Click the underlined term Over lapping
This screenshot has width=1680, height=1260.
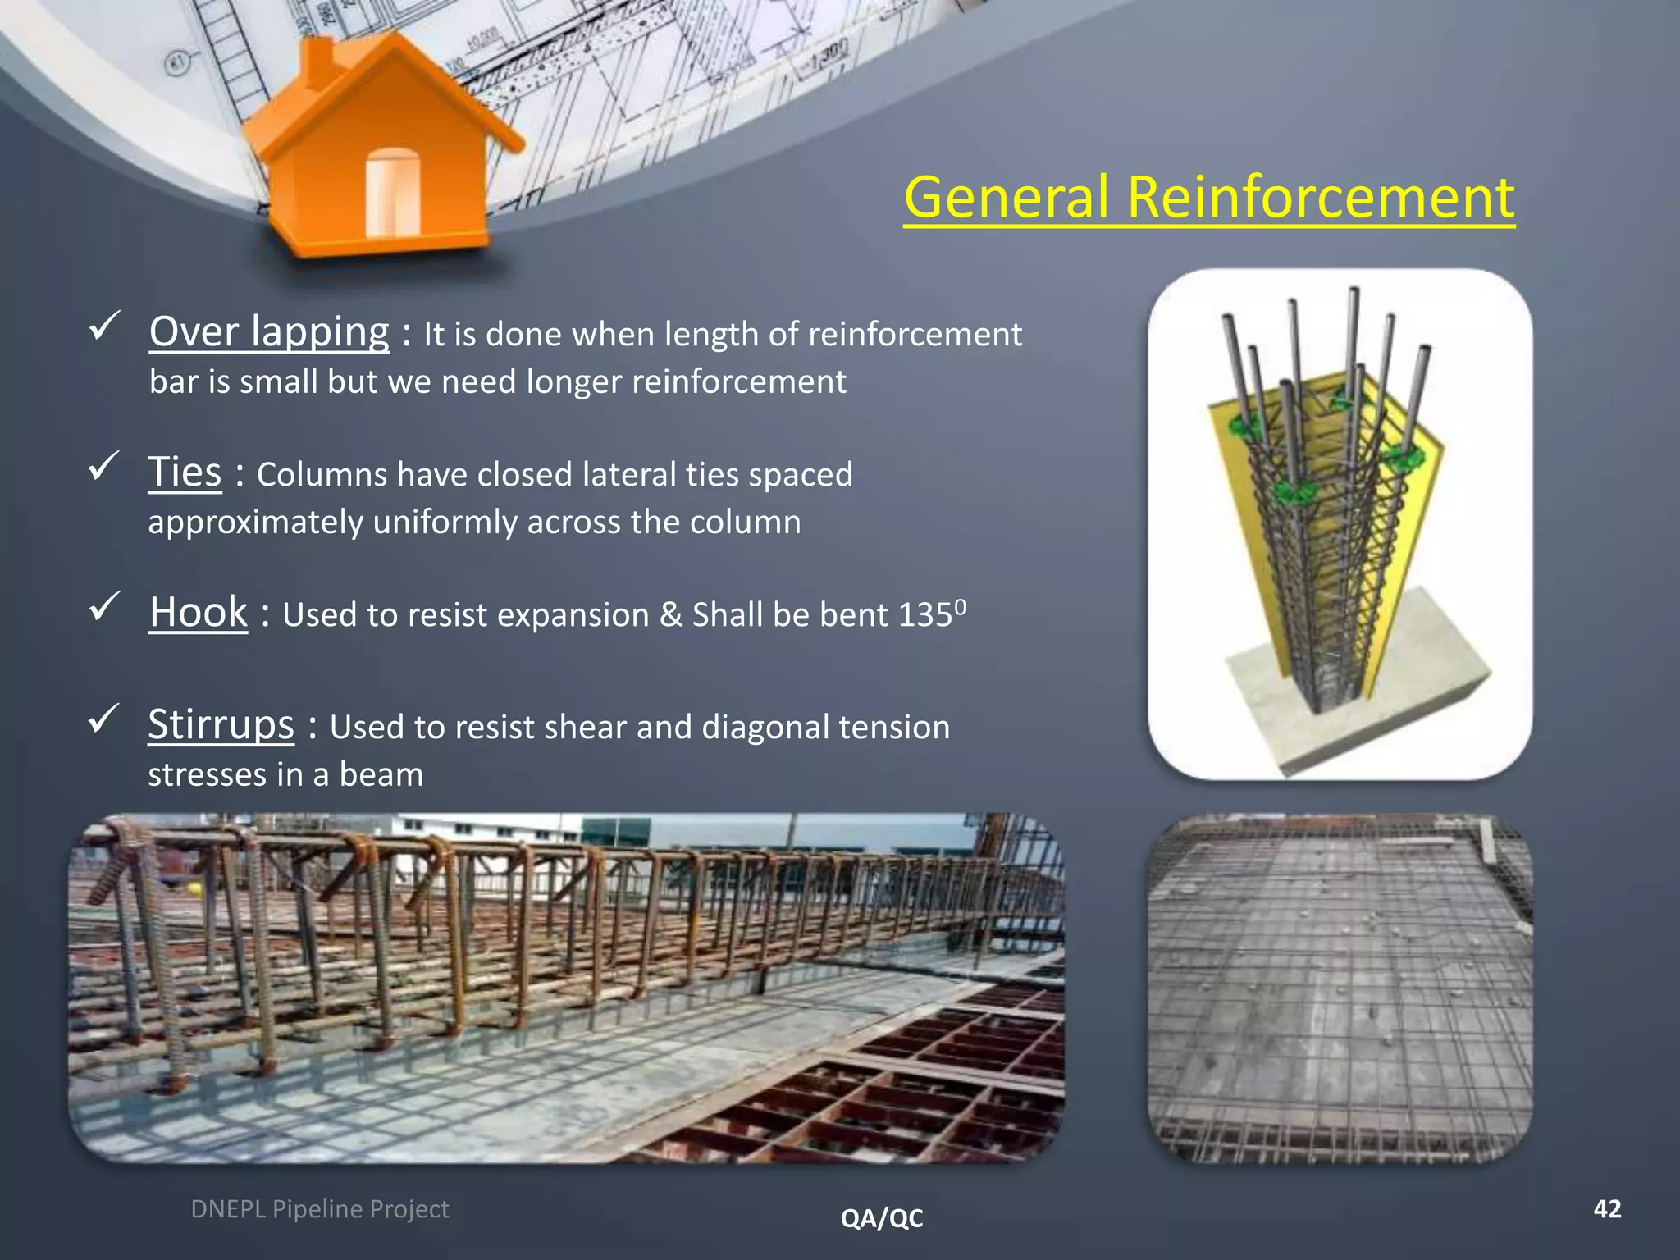(x=269, y=332)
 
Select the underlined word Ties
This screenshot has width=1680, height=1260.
(x=185, y=472)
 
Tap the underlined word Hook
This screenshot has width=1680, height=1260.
(x=199, y=613)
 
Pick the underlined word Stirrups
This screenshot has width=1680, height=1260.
(x=221, y=725)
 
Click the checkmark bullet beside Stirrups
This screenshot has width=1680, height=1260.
(x=104, y=719)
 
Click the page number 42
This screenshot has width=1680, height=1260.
(x=1607, y=1208)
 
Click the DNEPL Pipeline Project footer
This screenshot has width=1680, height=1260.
(x=320, y=1209)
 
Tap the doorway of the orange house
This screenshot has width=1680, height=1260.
(x=392, y=193)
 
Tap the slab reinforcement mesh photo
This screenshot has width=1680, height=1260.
(x=1340, y=988)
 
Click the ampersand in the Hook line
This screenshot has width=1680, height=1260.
(x=670, y=615)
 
